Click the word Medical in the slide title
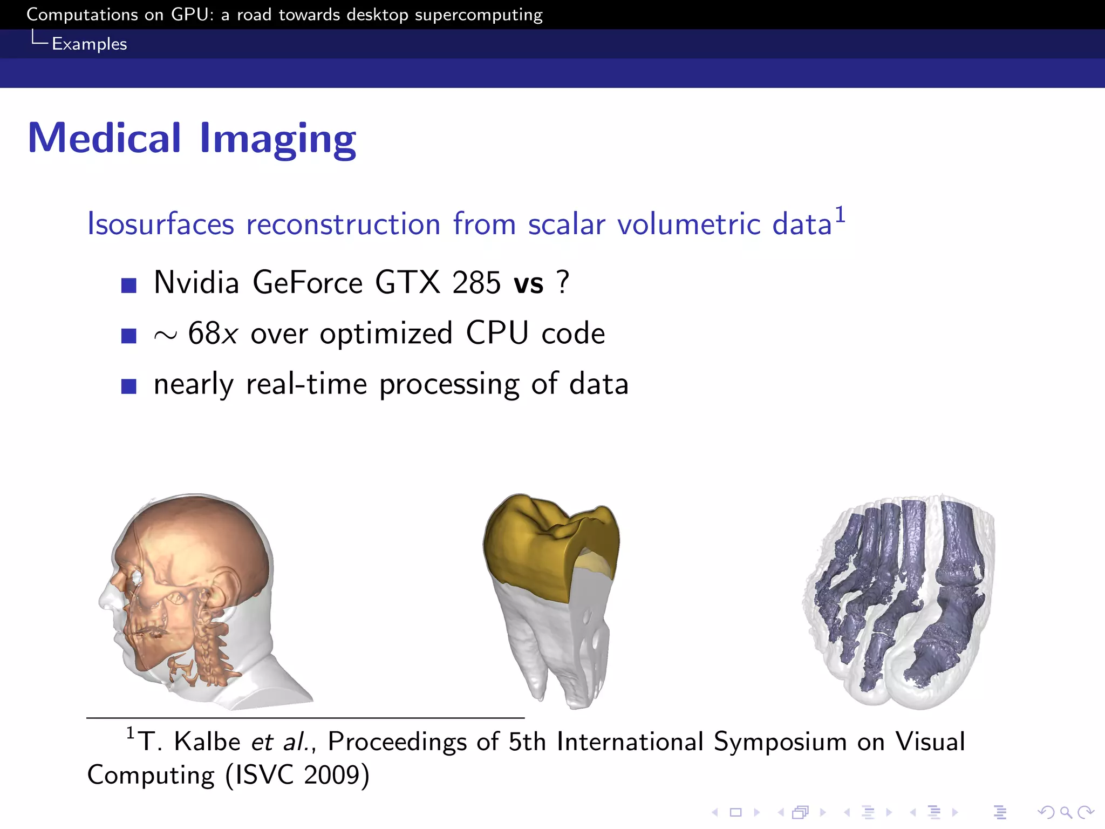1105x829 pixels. click(x=104, y=138)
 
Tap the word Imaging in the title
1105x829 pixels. click(x=278, y=139)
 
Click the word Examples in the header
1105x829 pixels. click(x=90, y=44)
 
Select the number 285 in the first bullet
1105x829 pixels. click(x=476, y=283)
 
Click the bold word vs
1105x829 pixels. click(x=529, y=284)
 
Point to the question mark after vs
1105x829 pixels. click(x=563, y=282)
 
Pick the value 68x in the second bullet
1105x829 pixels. click(x=213, y=334)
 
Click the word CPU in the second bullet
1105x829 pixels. click(x=497, y=333)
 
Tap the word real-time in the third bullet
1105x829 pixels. click(x=306, y=384)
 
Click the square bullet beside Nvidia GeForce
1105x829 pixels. click(x=129, y=285)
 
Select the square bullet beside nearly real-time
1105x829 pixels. click(x=129, y=386)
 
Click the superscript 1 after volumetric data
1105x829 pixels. click(x=840, y=215)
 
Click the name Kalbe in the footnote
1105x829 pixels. click(x=207, y=742)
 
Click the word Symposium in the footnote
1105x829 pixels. click(x=780, y=742)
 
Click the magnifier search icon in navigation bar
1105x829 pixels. click(x=1066, y=812)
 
